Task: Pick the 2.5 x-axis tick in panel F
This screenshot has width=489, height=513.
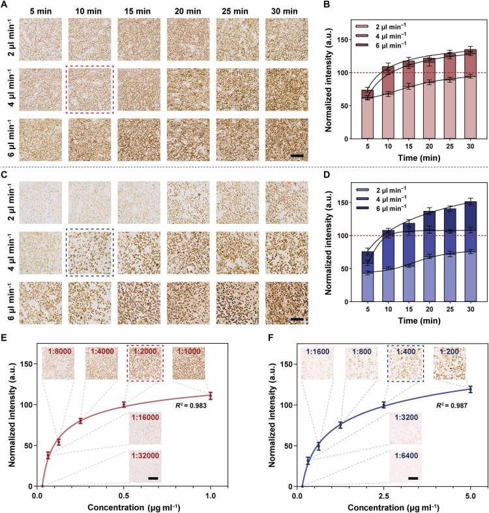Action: click(384, 494)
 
